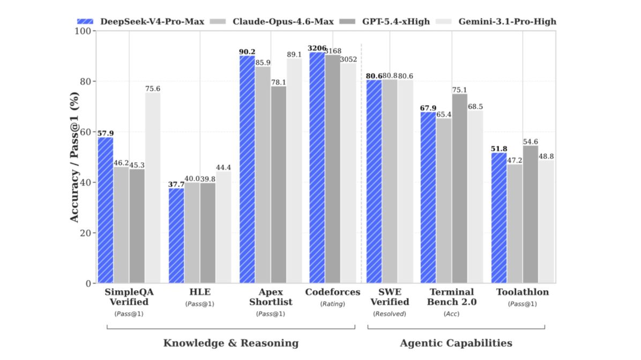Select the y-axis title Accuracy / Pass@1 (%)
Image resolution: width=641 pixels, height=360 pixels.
point(74,156)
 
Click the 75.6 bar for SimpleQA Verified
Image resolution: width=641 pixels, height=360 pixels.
point(153,187)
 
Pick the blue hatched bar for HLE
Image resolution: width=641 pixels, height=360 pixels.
point(176,235)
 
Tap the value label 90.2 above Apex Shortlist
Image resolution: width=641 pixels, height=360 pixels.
point(247,52)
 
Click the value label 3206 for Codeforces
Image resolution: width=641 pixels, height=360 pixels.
point(317,48)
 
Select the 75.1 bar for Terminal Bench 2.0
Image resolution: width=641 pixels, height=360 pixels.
point(459,188)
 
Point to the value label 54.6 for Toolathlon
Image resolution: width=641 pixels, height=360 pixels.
point(531,142)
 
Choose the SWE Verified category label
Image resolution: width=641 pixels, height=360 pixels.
point(390,297)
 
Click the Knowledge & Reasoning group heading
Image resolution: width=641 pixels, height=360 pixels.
point(230,343)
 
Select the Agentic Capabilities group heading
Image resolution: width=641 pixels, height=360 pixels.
point(456,343)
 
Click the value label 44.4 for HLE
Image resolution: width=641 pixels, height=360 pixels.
point(223,168)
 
